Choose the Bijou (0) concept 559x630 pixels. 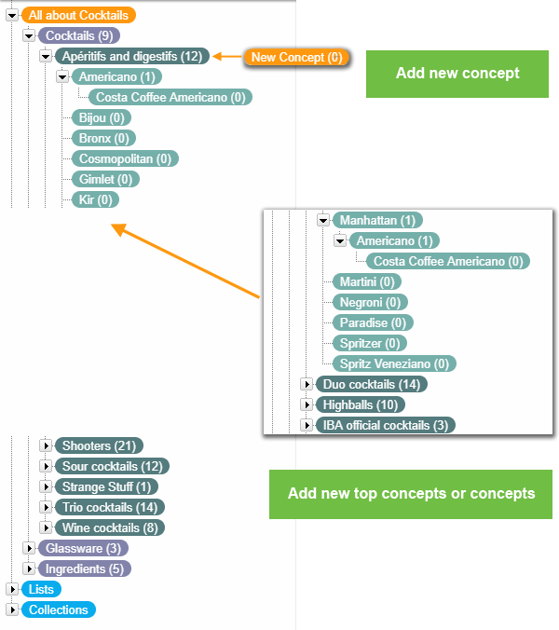pyautogui.click(x=101, y=118)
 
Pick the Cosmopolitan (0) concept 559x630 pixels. pyautogui.click(x=125, y=159)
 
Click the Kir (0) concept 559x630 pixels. pyautogui.click(x=95, y=200)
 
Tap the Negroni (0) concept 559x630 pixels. pyautogui.click(x=370, y=302)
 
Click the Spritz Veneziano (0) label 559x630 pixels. pyautogui.click(x=393, y=363)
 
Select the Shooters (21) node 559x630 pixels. pyautogui.click(x=99, y=446)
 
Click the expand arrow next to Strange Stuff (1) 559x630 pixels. pyautogui.click(x=46, y=487)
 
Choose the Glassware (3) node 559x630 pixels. pyautogui.click(x=82, y=549)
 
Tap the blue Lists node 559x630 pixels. pyautogui.click(x=41, y=590)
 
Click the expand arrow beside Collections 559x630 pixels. pyautogui.click(x=12, y=610)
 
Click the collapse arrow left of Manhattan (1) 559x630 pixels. pyautogui.click(x=323, y=221)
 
